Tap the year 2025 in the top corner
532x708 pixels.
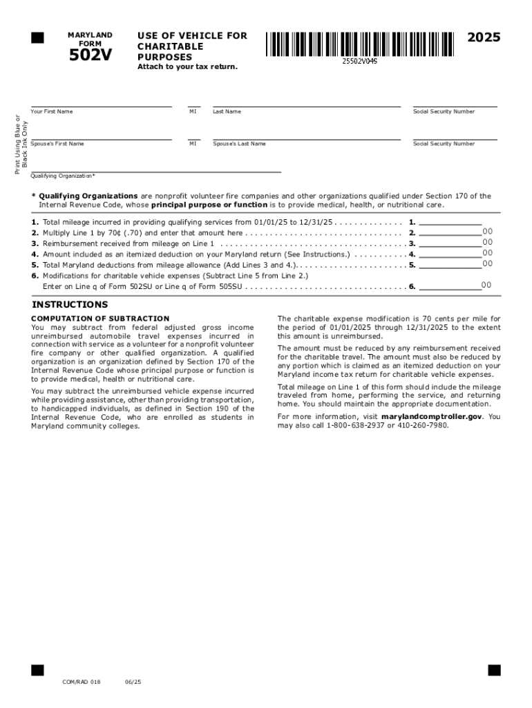pyautogui.click(x=484, y=38)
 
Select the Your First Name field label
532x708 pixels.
pyautogui.click(x=52, y=111)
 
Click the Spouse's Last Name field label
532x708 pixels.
pyautogui.click(x=239, y=144)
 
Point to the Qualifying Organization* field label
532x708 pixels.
pyautogui.click(x=63, y=176)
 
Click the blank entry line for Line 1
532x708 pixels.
pyautogui.click(x=450, y=222)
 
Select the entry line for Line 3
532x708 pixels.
pyautogui.click(x=450, y=243)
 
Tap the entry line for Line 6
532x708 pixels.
pyautogui.click(x=450, y=286)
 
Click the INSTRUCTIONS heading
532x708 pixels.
pyautogui.click(x=70, y=305)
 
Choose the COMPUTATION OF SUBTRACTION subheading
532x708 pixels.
pyautogui.click(x=100, y=319)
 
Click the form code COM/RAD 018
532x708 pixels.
pyautogui.click(x=81, y=682)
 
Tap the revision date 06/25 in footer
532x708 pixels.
pyautogui.click(x=133, y=682)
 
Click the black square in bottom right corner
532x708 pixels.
pyautogui.click(x=494, y=670)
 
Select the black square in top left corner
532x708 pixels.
pyautogui.click(x=37, y=37)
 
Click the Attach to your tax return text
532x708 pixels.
pyautogui.click(x=187, y=66)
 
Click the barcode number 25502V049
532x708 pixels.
pyautogui.click(x=359, y=62)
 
